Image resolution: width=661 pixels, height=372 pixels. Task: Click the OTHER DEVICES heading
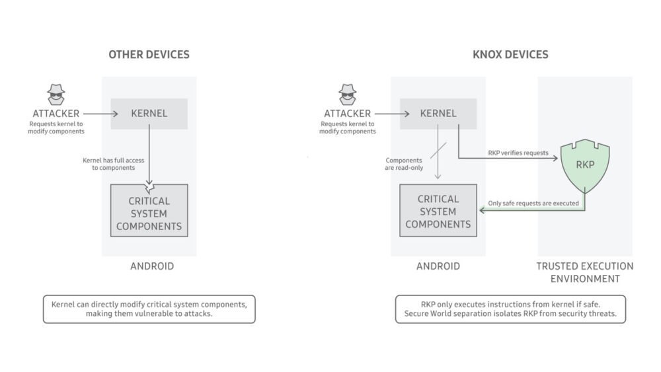pyautogui.click(x=149, y=54)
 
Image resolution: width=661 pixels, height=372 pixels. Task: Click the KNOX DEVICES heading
pyautogui.click(x=511, y=54)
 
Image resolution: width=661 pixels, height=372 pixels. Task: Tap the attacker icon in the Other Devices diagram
pyautogui.click(x=58, y=94)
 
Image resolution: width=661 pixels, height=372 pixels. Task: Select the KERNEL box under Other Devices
pyautogui.click(x=149, y=113)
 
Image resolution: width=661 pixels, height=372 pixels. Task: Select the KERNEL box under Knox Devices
pyautogui.click(x=438, y=113)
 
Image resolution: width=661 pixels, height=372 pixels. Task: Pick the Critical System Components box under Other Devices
pyautogui.click(x=149, y=213)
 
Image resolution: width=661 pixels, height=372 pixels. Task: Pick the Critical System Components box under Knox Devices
pyautogui.click(x=438, y=211)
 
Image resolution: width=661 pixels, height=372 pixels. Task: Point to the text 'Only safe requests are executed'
pyautogui.click(x=533, y=203)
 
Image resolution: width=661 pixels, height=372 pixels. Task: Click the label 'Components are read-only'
pyautogui.click(x=404, y=164)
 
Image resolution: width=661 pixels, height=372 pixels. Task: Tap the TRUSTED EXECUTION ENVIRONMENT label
pyautogui.click(x=584, y=272)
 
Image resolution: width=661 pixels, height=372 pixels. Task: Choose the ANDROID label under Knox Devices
pyautogui.click(x=438, y=266)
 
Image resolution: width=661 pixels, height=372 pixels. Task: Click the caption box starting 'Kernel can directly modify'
pyautogui.click(x=149, y=309)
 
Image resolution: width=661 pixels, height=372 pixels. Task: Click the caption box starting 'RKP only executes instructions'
pyautogui.click(x=510, y=309)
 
